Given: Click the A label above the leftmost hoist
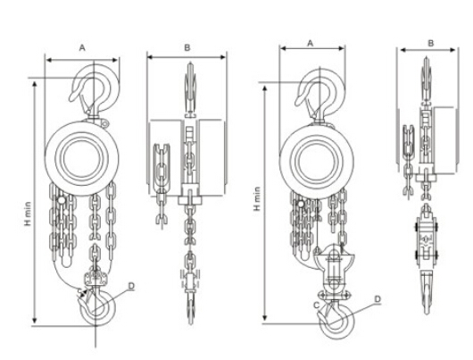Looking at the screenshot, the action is tap(82, 47).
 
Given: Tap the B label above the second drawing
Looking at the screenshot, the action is tap(187, 47).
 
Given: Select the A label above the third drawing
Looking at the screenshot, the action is tap(311, 44).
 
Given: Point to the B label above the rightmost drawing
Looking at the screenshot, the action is tap(431, 43).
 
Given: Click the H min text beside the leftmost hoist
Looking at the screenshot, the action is tap(28, 213).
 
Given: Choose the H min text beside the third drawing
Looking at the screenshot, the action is tap(257, 198).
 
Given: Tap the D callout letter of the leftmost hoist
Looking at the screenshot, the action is tap(131, 286).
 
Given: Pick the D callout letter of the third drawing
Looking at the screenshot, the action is tap(378, 299).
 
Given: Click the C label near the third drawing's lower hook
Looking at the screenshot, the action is tap(316, 306).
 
